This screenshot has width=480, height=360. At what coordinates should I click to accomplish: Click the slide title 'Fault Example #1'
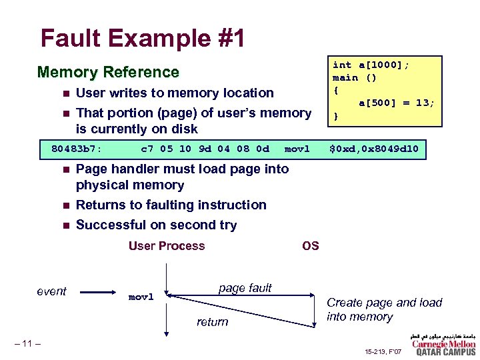(x=142, y=38)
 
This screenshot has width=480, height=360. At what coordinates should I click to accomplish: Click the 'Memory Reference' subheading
(x=108, y=72)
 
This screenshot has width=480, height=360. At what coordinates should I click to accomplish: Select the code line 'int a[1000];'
(x=371, y=65)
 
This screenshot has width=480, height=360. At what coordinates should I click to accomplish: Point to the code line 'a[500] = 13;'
(x=397, y=103)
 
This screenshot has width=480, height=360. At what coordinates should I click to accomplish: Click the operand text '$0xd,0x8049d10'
(x=375, y=149)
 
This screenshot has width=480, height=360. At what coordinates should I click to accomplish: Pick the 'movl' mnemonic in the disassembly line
(x=297, y=149)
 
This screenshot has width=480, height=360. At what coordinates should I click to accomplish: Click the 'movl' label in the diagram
(x=141, y=295)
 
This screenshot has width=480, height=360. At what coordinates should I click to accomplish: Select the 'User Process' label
(x=167, y=246)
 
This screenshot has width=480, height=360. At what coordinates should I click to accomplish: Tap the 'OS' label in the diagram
(x=311, y=246)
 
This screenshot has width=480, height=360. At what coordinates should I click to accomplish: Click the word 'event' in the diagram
(x=51, y=291)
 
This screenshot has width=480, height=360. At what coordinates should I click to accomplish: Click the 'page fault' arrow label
(x=245, y=288)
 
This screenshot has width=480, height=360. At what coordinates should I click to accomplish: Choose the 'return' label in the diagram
(x=212, y=322)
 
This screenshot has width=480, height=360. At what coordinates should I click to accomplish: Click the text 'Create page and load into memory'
(x=384, y=309)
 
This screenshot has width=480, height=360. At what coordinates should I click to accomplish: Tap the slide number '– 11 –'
(x=27, y=343)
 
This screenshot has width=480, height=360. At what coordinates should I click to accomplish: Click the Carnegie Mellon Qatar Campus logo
(x=443, y=344)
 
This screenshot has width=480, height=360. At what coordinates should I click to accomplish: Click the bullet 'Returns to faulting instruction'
(x=171, y=205)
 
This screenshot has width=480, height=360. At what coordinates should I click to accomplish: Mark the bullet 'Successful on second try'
(x=156, y=225)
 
